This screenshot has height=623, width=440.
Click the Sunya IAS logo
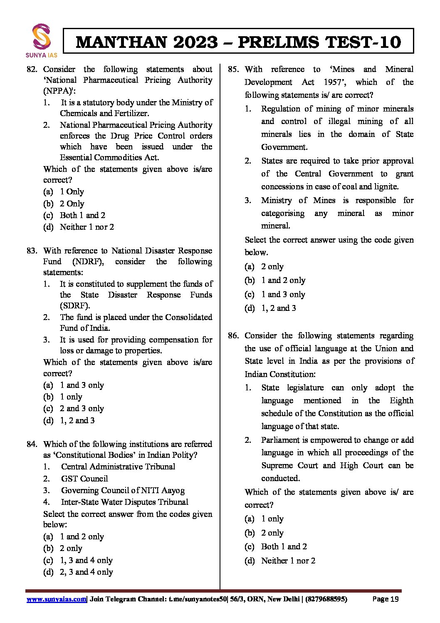(42, 40)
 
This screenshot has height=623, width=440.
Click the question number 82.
(32, 69)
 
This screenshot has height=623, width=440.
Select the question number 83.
(32, 251)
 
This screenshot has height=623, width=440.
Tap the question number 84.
(32, 444)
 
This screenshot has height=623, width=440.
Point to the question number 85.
(233, 69)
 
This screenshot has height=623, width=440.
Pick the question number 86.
(233, 336)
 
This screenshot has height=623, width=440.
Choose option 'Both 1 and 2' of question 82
(82, 216)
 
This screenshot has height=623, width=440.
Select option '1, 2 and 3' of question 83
(77, 421)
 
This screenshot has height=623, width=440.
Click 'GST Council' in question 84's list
(84, 479)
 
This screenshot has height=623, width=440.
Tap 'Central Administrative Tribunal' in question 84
(118, 467)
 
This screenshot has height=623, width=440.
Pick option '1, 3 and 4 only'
(86, 561)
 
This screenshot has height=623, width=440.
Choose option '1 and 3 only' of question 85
(283, 295)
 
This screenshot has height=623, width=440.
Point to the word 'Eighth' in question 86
(401, 401)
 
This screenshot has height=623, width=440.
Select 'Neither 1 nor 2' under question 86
(288, 561)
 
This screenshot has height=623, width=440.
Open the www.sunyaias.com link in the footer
(57, 599)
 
